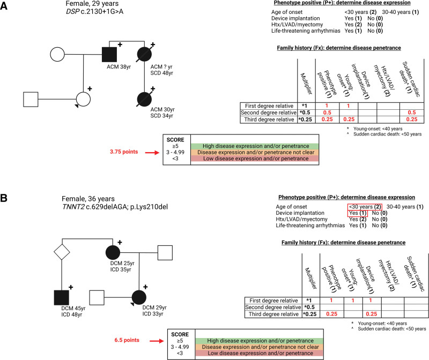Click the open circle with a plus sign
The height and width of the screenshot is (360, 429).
[83, 99]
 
